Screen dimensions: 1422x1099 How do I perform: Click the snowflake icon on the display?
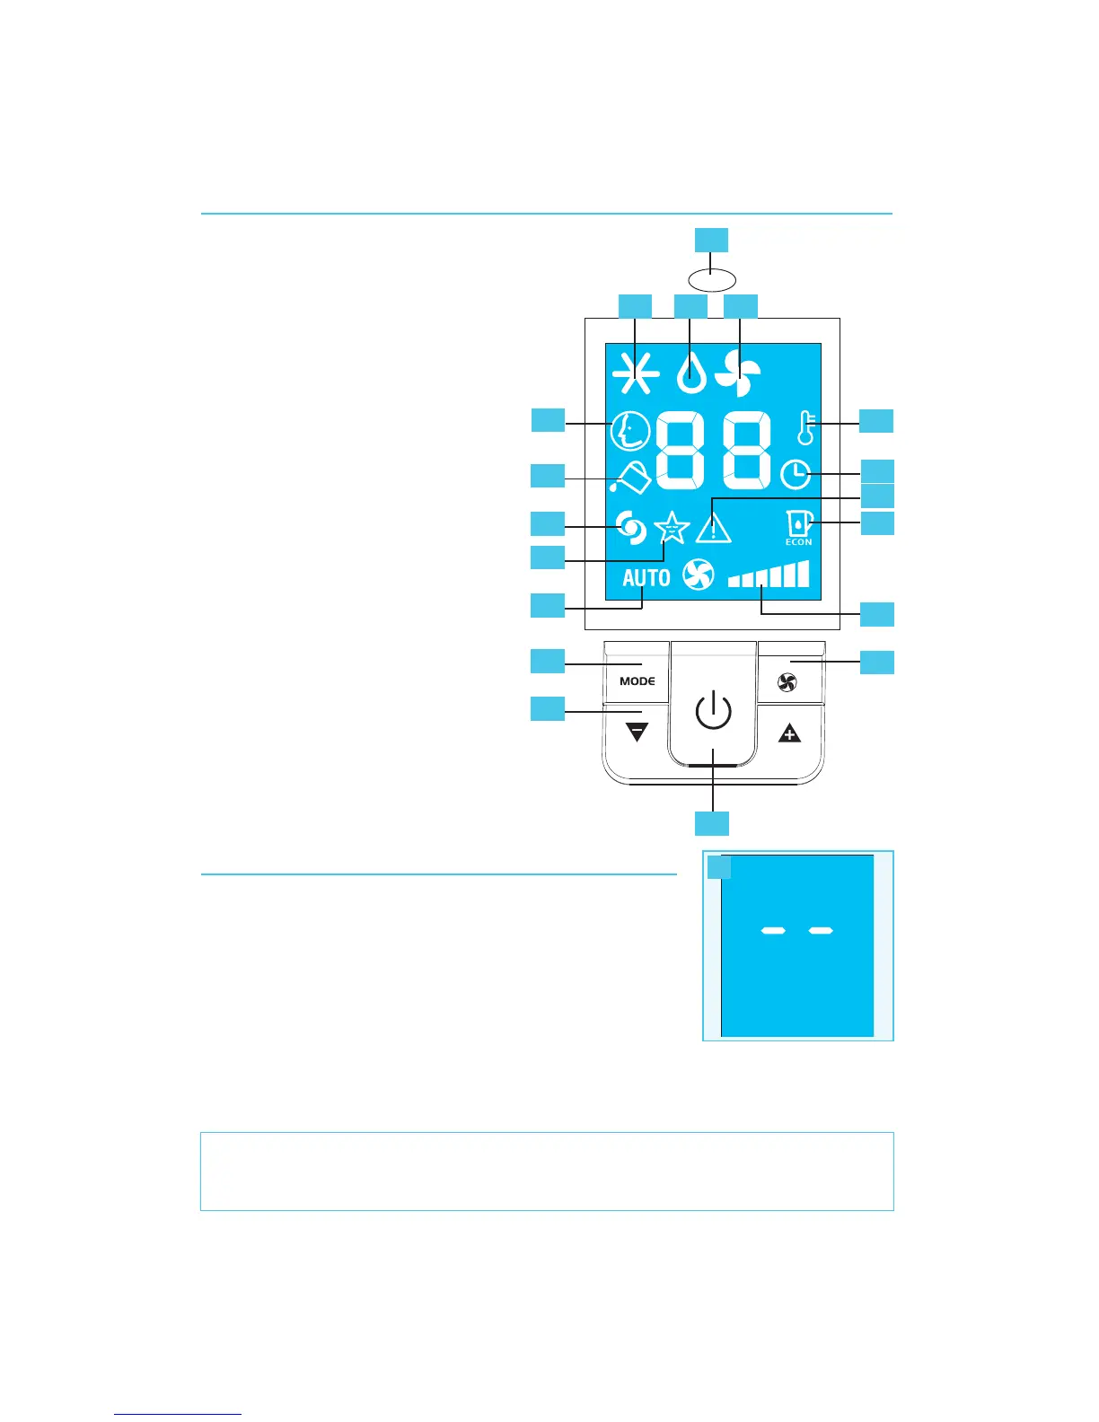[x=635, y=372]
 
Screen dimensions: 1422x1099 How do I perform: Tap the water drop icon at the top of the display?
[x=690, y=372]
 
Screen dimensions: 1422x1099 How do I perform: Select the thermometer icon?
[x=806, y=427]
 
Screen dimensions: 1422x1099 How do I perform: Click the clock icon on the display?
[x=796, y=474]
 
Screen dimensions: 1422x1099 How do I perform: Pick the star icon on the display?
[x=672, y=528]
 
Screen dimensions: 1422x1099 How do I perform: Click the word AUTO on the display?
[x=646, y=577]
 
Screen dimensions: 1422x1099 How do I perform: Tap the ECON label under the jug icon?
[x=798, y=542]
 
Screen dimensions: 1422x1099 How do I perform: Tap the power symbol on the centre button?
[x=713, y=712]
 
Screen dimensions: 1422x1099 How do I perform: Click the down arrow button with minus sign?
[x=637, y=733]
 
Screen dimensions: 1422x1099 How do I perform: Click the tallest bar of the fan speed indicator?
[x=803, y=574]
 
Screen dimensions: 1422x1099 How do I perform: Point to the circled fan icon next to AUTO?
[x=698, y=575]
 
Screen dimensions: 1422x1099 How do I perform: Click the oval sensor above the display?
[x=711, y=278]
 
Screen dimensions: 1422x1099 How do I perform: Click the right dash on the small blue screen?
[x=821, y=931]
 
